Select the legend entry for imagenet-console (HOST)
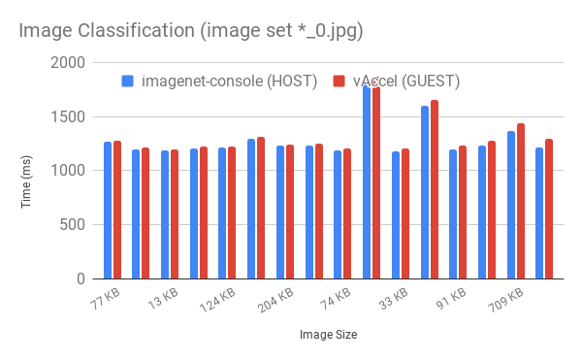click(x=229, y=81)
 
